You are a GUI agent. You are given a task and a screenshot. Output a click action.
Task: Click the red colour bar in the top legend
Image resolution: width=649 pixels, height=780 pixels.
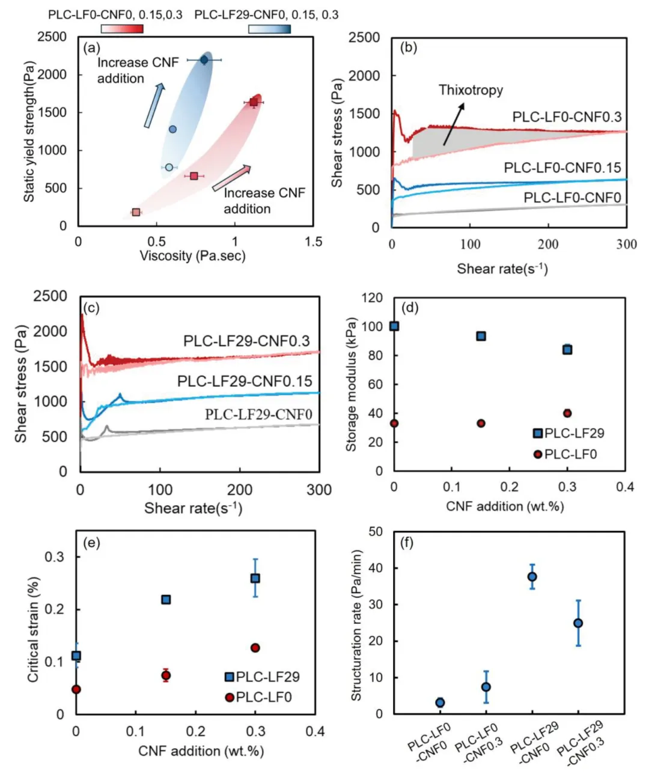pos(122,29)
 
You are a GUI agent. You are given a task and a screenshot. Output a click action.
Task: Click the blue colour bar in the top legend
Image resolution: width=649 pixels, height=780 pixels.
pos(269,29)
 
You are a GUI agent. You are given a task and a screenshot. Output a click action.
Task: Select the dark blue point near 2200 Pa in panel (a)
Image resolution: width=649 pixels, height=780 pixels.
pos(204,59)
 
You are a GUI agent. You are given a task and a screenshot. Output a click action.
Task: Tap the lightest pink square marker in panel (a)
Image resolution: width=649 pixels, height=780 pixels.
pos(136,212)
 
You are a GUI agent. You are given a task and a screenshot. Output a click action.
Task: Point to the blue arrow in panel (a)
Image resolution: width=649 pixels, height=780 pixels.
pos(154,106)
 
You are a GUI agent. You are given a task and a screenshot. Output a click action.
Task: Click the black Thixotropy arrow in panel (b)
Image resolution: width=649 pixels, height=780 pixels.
pos(454,124)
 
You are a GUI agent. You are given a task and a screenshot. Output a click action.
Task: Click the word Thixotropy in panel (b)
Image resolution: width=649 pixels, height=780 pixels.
pos(471,90)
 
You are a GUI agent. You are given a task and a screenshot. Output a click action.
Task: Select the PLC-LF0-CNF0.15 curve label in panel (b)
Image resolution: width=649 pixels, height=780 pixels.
pos(562,168)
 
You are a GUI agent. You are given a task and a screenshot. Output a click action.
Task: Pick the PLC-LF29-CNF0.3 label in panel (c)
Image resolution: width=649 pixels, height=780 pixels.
pos(246,341)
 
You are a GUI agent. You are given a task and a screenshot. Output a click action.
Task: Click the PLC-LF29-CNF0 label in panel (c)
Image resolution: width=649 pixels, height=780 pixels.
pos(258,415)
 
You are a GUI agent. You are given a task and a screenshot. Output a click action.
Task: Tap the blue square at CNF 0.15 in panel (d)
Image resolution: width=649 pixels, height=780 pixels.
pos(481,336)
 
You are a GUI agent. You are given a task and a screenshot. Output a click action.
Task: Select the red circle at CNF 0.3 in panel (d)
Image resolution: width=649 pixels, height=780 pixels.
pos(567,413)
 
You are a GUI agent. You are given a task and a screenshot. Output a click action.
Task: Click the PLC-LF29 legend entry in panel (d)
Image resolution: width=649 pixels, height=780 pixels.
pos(568,433)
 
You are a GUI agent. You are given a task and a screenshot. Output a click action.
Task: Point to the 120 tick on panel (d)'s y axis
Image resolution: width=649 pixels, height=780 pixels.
pos(373,298)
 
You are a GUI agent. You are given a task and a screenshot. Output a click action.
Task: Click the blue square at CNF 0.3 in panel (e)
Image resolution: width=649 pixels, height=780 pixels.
pos(255,578)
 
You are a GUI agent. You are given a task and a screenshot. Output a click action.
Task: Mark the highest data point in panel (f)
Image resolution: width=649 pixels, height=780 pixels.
pos(532,577)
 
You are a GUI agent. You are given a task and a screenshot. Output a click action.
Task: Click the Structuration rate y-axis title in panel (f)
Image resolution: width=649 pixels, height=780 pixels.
pos(356,625)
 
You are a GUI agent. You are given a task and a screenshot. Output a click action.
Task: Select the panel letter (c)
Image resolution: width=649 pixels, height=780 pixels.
pos(91,308)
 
